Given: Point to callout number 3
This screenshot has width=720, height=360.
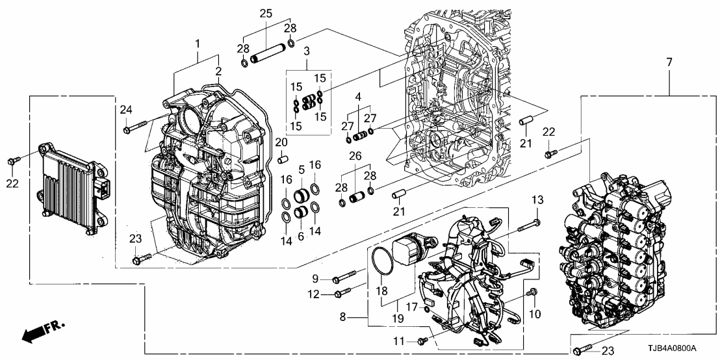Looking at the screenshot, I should pyautogui.click(x=305, y=50).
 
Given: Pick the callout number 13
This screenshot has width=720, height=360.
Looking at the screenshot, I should pyautogui.click(x=537, y=199).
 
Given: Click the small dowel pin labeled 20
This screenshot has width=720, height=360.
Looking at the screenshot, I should pyautogui.click(x=283, y=159).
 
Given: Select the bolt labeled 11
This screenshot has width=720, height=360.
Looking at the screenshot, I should pyautogui.click(x=423, y=339).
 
